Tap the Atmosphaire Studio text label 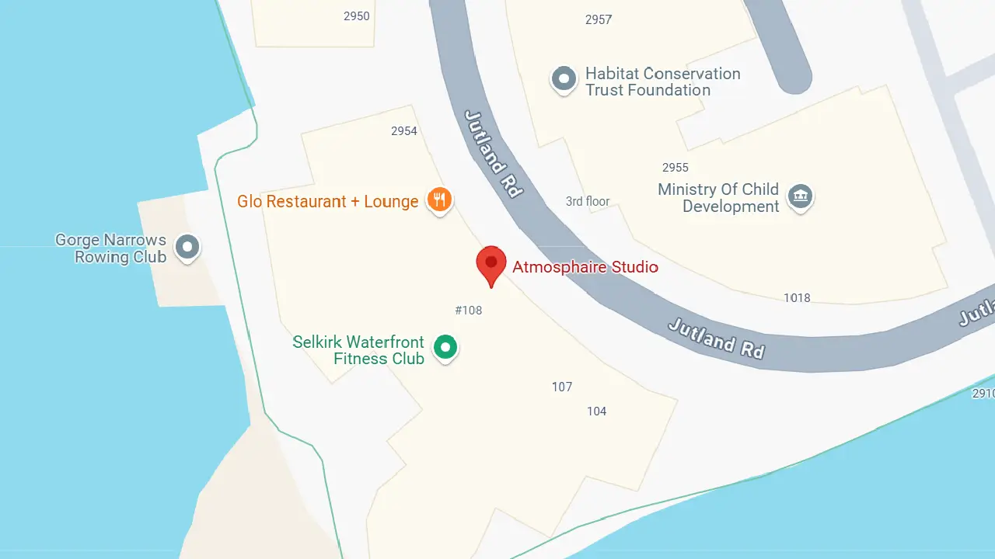[585, 267]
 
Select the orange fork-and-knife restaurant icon [439, 200]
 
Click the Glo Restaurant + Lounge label [328, 202]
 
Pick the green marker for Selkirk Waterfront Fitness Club [445, 347]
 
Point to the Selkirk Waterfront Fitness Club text [359, 350]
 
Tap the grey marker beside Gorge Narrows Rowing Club [187, 247]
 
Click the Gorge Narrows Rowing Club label [111, 248]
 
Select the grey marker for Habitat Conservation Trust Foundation [564, 79]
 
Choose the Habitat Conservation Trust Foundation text [662, 82]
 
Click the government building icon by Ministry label [800, 196]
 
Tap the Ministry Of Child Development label [718, 198]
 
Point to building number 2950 [357, 16]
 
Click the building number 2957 [599, 20]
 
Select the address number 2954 [404, 131]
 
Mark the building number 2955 [676, 168]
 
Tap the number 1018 [797, 298]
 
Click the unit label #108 [469, 311]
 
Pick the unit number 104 [597, 411]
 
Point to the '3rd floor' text [588, 202]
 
